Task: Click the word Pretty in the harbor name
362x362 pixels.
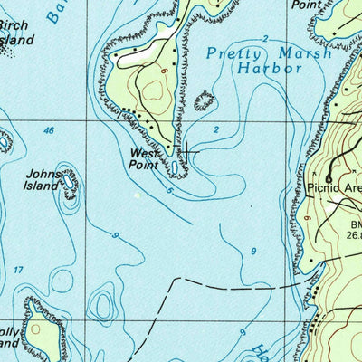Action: [x=229, y=53]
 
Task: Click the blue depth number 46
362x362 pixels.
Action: [x=48, y=131]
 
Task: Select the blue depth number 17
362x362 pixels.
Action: [x=19, y=271]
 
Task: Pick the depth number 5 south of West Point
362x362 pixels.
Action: [x=169, y=191]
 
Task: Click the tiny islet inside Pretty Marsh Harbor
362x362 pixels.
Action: [x=205, y=100]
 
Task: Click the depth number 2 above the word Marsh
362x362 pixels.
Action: [x=265, y=38]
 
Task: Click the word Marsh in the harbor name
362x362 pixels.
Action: [x=280, y=53]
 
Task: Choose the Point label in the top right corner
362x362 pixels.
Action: [x=308, y=5]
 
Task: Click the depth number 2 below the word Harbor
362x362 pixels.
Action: [x=216, y=130]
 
